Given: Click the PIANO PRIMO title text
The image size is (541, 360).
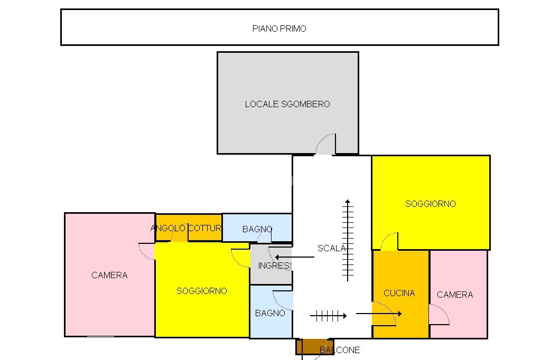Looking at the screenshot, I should click(x=279, y=29).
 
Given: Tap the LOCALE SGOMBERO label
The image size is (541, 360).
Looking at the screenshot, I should click(x=287, y=104).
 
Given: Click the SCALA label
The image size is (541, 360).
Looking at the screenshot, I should click(x=331, y=248).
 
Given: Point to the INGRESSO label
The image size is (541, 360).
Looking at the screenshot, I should click(x=275, y=266).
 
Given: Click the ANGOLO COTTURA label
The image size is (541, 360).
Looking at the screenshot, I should click(x=186, y=228).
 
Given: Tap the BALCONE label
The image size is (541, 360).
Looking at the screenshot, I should click(x=340, y=350).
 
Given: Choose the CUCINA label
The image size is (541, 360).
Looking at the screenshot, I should click(x=399, y=293).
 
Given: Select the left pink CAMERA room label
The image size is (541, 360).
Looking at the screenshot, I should click(x=109, y=275).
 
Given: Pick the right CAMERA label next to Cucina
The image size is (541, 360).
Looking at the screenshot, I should click(x=455, y=295).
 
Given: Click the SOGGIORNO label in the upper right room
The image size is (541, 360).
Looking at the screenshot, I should click(x=430, y=204).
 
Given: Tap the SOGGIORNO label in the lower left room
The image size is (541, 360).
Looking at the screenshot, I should click(x=202, y=291).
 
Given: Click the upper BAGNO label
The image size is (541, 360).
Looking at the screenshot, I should click(x=257, y=229).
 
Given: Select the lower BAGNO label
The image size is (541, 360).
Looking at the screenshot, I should click(x=270, y=313).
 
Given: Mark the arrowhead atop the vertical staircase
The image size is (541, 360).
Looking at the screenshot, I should click(x=347, y=202).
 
